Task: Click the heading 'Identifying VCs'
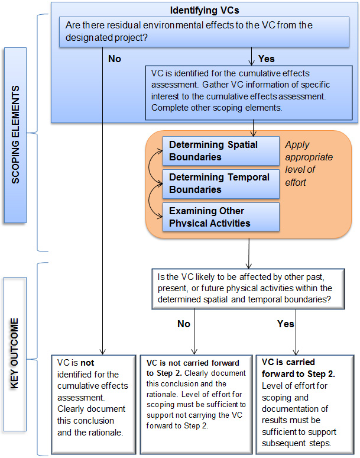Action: coord(205,10)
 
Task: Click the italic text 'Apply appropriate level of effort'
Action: coord(309,163)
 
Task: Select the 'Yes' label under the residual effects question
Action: coord(267,59)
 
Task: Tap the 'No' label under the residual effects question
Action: coord(115,59)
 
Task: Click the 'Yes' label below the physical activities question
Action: coord(286,324)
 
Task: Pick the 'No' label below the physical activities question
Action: coord(184,324)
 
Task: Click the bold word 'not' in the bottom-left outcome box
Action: coord(87,362)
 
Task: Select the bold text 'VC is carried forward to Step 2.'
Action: coord(298,368)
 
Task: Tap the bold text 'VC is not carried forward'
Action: coord(189,362)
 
